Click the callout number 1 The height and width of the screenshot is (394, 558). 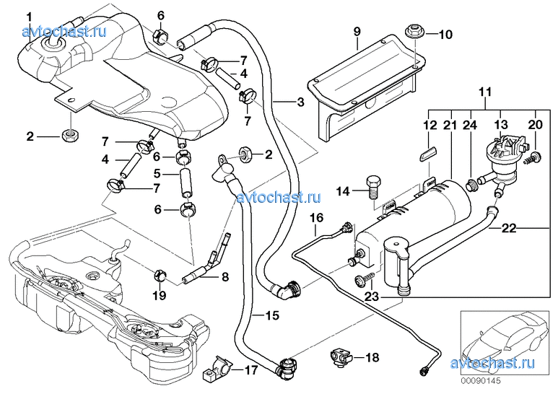pyautogui.click(x=29, y=16)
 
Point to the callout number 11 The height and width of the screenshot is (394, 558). pyautogui.click(x=484, y=92)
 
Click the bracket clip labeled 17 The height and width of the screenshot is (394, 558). pyautogui.click(x=218, y=369)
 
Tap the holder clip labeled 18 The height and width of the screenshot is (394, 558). pyautogui.click(x=341, y=355)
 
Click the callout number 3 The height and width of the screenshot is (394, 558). pyautogui.click(x=300, y=101)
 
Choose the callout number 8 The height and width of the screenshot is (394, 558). pyautogui.click(x=224, y=275)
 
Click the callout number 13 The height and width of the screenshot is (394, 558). pyautogui.click(x=500, y=125)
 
